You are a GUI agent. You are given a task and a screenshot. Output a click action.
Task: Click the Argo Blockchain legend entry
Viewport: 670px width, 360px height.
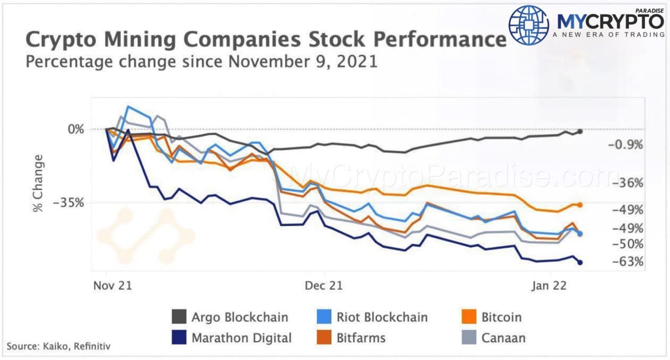[230, 317]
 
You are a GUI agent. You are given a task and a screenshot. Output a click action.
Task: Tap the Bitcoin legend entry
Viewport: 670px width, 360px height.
[492, 317]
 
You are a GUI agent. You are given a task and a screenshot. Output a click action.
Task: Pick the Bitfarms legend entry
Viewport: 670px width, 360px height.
[351, 337]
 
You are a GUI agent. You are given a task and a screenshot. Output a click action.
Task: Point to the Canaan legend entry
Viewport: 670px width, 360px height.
[492, 337]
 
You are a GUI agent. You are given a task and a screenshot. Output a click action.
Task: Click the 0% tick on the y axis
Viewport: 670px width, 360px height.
[76, 129]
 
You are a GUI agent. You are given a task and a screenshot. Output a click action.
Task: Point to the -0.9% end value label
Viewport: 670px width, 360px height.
[625, 145]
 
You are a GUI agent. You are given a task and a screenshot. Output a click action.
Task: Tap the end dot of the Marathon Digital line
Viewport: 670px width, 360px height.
[580, 262]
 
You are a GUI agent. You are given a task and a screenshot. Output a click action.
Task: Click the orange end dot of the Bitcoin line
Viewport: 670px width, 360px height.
[580, 205]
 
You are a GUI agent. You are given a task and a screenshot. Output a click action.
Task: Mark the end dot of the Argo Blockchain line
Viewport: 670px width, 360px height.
[580, 131]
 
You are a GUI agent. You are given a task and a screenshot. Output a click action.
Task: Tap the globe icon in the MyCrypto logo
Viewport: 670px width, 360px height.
[529, 25]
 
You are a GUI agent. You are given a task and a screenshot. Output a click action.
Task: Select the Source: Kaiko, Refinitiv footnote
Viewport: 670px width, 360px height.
[59, 346]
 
